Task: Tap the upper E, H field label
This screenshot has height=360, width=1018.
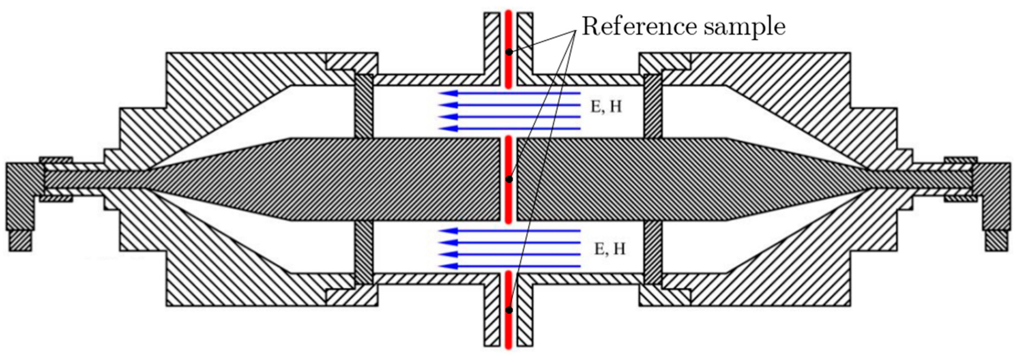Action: pyautogui.click(x=606, y=107)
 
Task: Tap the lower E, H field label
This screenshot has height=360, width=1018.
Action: pyautogui.click(x=610, y=249)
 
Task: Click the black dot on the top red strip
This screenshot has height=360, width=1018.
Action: pyautogui.click(x=509, y=52)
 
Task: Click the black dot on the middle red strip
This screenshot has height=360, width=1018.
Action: pyautogui.click(x=509, y=179)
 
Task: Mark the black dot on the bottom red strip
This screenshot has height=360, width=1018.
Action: pyautogui.click(x=509, y=310)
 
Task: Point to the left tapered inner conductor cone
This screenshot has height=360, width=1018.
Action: pyautogui.click(x=237, y=179)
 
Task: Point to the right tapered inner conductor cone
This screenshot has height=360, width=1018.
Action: pyautogui.click(x=782, y=179)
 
